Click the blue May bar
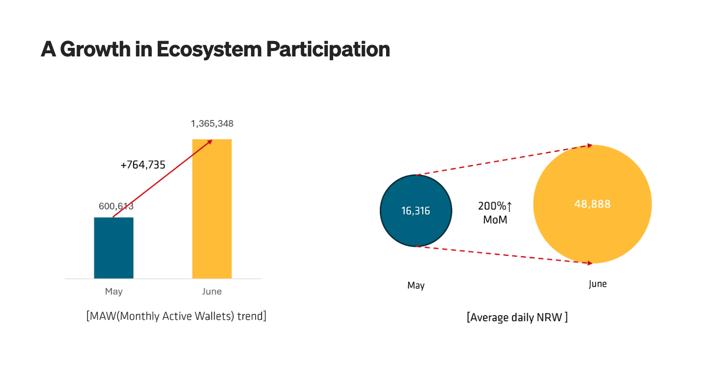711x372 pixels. pyautogui.click(x=114, y=248)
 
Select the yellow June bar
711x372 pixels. pyautogui.click(x=212, y=209)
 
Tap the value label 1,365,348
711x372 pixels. pyautogui.click(x=212, y=124)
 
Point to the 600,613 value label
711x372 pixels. pyautogui.click(x=116, y=206)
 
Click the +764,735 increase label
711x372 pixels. pyautogui.click(x=143, y=165)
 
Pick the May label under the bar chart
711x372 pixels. pyautogui.click(x=114, y=292)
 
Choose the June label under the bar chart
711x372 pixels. pyautogui.click(x=212, y=292)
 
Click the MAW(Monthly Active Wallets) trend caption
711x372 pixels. pyautogui.click(x=176, y=316)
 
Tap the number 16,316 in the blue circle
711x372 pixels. pyautogui.click(x=416, y=211)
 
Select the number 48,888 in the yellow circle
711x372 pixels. pyautogui.click(x=592, y=204)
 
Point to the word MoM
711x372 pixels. pyautogui.click(x=495, y=220)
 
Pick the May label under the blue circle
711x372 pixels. pyautogui.click(x=416, y=285)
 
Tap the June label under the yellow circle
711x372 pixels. pyautogui.click(x=598, y=284)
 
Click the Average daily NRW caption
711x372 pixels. pyautogui.click(x=517, y=317)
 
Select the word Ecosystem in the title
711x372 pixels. pyautogui.click(x=209, y=49)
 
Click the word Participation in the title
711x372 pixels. pyautogui.click(x=328, y=49)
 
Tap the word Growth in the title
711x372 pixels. pyautogui.click(x=95, y=49)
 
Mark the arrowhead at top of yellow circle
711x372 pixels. pyautogui.click(x=590, y=146)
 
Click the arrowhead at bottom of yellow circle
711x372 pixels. pyautogui.click(x=590, y=263)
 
